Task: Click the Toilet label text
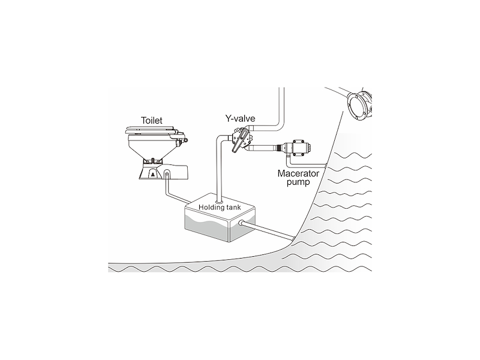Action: (152, 121)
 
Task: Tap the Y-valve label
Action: (241, 118)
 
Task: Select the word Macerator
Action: (298, 173)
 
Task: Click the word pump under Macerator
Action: (298, 182)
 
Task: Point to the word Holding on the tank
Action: (211, 207)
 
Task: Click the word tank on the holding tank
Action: (233, 207)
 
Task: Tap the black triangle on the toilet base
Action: (153, 175)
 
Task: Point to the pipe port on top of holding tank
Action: (220, 202)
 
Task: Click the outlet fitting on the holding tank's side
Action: (242, 223)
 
